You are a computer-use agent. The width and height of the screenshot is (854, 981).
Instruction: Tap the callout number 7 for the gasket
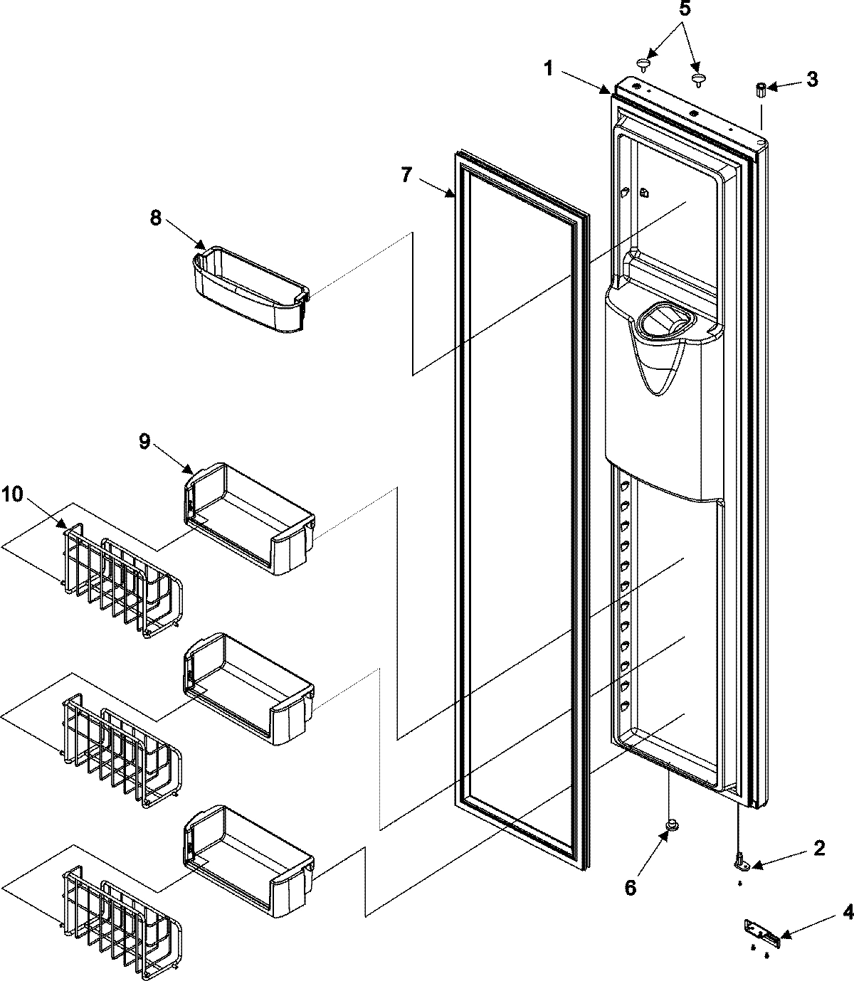405,174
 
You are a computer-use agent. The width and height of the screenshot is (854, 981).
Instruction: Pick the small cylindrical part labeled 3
760,90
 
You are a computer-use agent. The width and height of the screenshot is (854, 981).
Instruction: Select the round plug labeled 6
670,826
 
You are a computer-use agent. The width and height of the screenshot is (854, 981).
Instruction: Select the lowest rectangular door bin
249,861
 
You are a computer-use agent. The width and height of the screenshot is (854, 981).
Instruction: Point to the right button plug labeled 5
699,77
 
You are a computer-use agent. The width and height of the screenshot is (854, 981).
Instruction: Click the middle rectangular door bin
249,690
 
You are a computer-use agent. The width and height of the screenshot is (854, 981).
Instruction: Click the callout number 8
155,218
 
